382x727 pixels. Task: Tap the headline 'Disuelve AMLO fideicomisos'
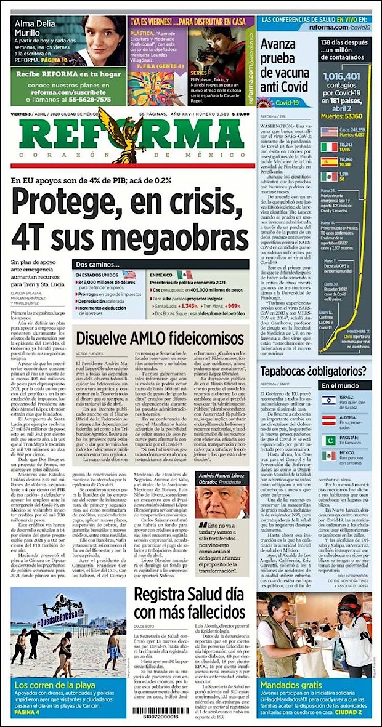(160, 338)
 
